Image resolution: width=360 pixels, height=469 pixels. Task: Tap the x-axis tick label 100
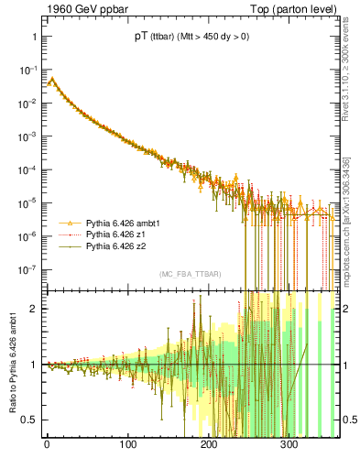click(x=127, y=445)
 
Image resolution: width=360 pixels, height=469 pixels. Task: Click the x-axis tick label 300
click(x=289, y=445)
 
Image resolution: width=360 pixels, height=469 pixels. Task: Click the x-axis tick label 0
click(x=47, y=445)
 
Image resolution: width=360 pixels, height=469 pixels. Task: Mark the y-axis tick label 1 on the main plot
click(x=33, y=37)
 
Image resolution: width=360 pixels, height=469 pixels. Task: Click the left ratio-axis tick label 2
click(x=33, y=309)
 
